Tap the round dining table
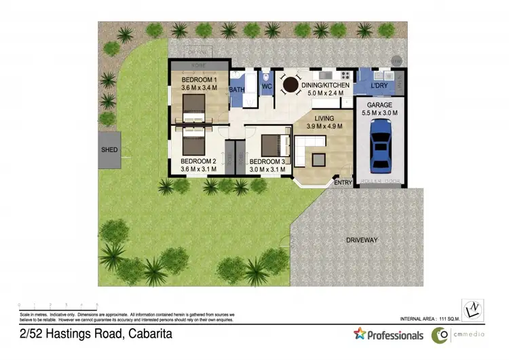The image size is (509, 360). click(291, 85)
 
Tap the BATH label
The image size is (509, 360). click(237, 90)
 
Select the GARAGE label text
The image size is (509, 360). click(381, 105)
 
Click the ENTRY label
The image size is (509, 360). click(343, 182)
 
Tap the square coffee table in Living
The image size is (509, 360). click(318, 158)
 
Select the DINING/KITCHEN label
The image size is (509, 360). click(326, 86)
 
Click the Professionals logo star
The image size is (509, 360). click(360, 334)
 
